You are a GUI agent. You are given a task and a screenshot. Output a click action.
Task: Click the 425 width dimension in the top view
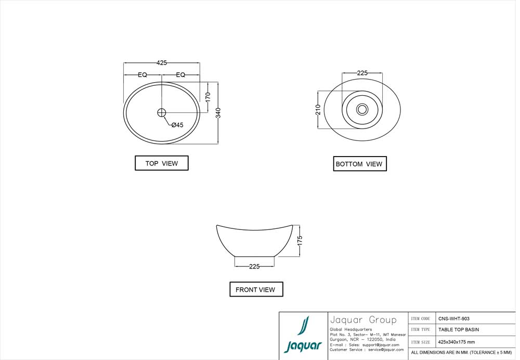(162, 63)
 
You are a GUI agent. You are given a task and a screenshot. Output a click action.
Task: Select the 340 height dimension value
(218, 113)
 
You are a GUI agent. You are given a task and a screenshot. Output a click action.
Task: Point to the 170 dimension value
(207, 97)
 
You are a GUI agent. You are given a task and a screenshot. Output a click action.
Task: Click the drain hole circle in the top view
(161, 112)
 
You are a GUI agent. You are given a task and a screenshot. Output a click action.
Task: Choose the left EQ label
(142, 75)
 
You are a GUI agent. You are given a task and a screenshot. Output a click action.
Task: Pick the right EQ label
(180, 75)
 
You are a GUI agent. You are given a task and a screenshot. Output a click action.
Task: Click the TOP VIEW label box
(162, 163)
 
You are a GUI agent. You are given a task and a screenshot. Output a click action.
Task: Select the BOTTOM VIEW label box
(359, 164)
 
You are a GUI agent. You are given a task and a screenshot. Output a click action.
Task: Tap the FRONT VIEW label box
(256, 289)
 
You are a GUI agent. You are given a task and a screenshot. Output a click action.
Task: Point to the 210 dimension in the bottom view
(318, 109)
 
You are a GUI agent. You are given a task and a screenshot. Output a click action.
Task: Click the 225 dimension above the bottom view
(362, 73)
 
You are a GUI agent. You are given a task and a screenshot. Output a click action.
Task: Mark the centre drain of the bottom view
(362, 109)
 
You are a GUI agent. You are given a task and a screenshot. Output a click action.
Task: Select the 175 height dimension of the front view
(300, 241)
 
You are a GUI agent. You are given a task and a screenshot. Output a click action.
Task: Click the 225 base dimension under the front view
(254, 266)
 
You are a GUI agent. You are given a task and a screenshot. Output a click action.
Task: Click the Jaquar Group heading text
(363, 320)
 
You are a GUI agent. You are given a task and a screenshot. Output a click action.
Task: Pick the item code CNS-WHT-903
(454, 318)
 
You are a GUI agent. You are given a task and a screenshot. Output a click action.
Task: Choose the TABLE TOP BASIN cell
(459, 330)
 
